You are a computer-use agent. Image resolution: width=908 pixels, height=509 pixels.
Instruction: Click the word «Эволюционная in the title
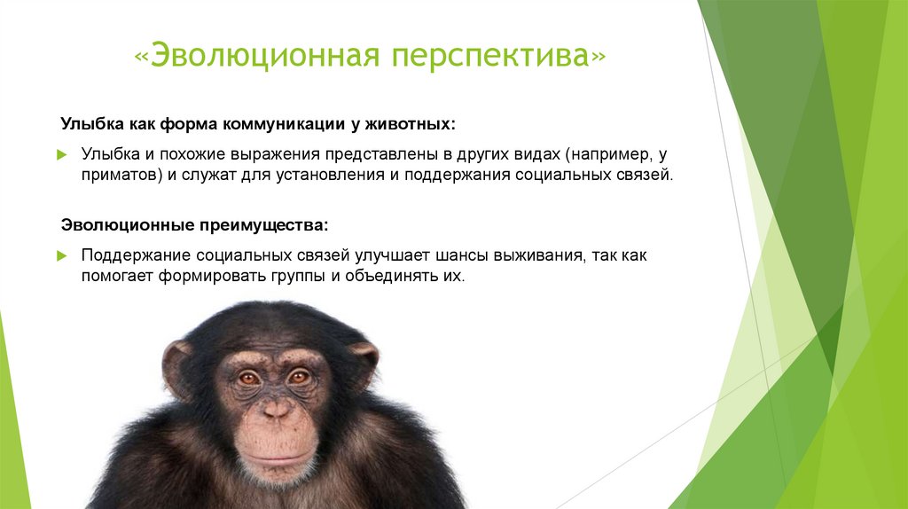point(257,56)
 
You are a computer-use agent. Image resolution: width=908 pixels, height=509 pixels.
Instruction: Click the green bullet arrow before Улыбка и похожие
point(62,155)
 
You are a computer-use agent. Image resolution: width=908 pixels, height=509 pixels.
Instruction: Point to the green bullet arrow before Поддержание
point(62,256)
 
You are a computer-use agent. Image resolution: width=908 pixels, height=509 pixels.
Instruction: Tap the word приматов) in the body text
point(121,176)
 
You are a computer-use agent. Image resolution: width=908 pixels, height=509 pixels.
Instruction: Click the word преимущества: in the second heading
point(264,225)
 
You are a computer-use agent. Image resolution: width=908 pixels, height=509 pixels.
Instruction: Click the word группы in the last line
point(298,277)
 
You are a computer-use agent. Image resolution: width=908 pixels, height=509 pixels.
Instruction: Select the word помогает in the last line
point(118,276)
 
